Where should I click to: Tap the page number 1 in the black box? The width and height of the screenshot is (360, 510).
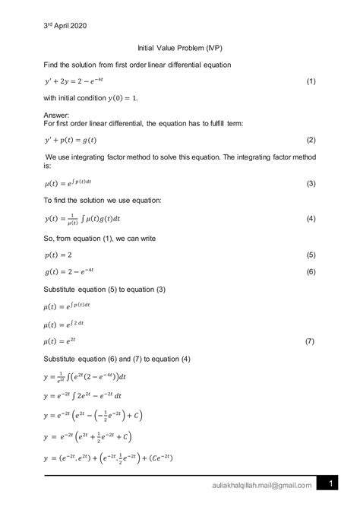pyautogui.click(x=332, y=484)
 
